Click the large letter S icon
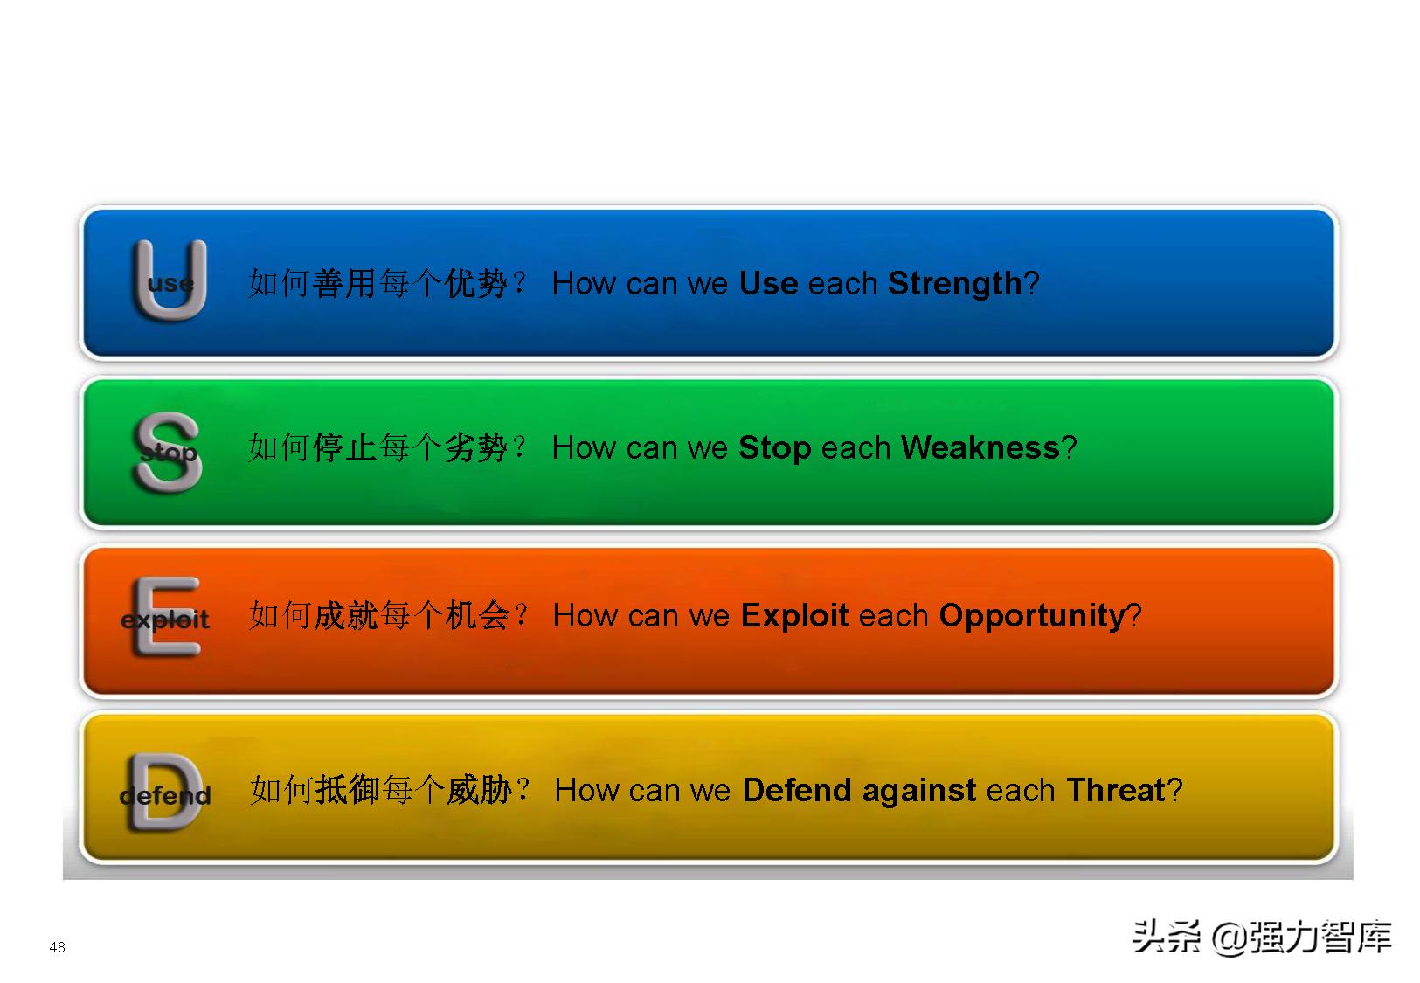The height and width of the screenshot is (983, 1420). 168,451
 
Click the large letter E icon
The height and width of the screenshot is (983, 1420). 166,616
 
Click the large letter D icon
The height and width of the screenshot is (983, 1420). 164,792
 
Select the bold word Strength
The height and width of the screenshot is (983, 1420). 954,284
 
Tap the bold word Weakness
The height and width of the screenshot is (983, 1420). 980,448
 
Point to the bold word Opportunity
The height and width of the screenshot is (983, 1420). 1031,616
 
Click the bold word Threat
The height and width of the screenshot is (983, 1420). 1116,791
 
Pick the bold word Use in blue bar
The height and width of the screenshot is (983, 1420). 768,284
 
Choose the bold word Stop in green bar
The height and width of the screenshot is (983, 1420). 774,448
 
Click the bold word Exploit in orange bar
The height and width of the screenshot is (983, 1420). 794,616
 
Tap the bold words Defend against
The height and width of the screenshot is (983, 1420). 859,791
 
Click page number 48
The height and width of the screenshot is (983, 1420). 58,947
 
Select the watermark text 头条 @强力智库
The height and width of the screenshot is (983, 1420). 1261,938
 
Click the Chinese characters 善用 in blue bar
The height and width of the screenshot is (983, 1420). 344,284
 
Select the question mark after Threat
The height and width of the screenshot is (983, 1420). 1175,791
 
